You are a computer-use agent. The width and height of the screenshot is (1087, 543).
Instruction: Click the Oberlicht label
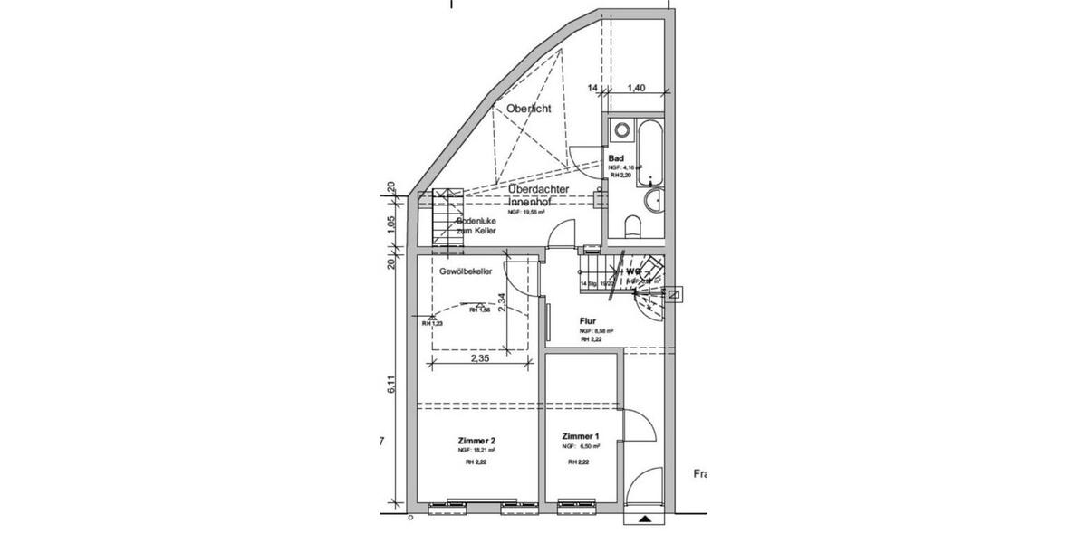[x=529, y=109]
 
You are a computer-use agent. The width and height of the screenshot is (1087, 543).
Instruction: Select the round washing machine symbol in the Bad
[x=621, y=130]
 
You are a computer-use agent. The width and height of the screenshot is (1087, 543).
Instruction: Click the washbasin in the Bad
[x=653, y=200]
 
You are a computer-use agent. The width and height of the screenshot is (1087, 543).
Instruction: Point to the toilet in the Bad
[x=632, y=224]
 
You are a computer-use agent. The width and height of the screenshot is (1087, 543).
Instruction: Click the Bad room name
[x=616, y=158]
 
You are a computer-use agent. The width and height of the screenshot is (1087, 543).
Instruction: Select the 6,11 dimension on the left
[x=391, y=384]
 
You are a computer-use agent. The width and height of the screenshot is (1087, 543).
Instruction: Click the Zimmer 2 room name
[x=476, y=441]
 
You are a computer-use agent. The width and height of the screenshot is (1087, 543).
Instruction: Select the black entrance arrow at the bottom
[x=645, y=519]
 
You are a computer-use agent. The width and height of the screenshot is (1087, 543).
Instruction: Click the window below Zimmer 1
[x=579, y=504]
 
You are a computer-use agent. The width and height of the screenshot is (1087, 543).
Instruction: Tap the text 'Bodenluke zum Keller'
[x=476, y=226]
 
